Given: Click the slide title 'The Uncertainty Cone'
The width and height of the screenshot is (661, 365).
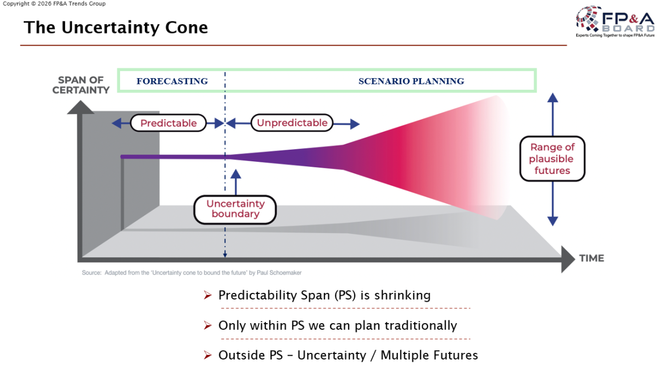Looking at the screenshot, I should click(116, 27).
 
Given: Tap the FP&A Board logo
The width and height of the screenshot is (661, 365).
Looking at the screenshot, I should click(614, 22).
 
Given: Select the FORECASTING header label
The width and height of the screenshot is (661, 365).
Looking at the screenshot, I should click(172, 81).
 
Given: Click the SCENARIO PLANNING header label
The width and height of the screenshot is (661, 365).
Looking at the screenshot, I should click(411, 81).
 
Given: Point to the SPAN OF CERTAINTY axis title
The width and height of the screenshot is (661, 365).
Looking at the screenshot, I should click(81, 85).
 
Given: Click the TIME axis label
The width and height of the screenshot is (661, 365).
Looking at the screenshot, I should click(591, 258).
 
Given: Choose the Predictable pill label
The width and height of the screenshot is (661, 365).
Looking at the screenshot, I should click(168, 123).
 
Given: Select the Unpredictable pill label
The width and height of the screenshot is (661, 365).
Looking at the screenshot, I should click(292, 123).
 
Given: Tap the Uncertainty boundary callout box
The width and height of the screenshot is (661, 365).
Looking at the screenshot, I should click(235, 209).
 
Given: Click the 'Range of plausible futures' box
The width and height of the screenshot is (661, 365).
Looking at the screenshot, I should click(552, 159).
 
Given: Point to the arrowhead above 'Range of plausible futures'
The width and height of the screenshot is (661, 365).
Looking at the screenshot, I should click(552, 97).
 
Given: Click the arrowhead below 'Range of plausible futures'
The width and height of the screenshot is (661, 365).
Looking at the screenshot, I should click(552, 221).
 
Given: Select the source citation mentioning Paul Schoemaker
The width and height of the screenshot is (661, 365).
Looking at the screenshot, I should click(192, 273).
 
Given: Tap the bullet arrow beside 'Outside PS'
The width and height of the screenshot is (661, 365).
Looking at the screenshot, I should click(208, 355).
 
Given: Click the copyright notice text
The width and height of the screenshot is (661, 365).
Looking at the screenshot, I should click(54, 4).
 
